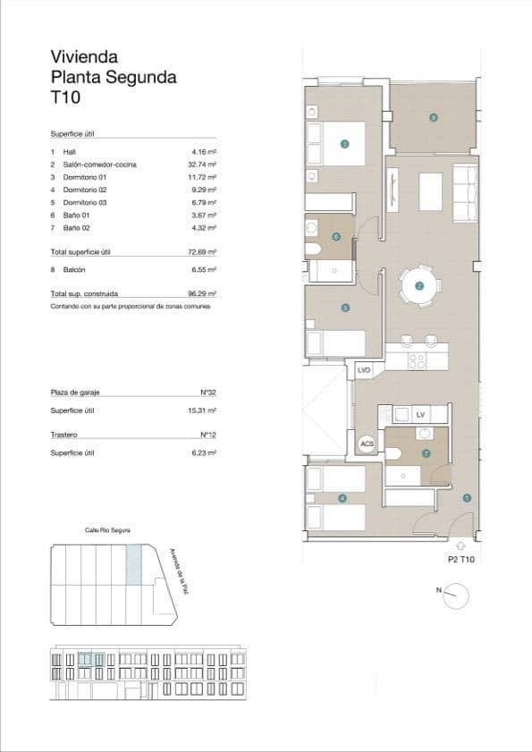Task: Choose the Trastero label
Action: pos(64,435)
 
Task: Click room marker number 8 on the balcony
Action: pos(433,117)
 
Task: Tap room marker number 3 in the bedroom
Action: pos(344,143)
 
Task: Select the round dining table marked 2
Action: pos(419,286)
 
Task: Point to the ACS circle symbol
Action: pos(367,444)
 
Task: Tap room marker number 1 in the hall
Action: pos(466,497)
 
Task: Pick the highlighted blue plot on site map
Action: pos(133,566)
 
